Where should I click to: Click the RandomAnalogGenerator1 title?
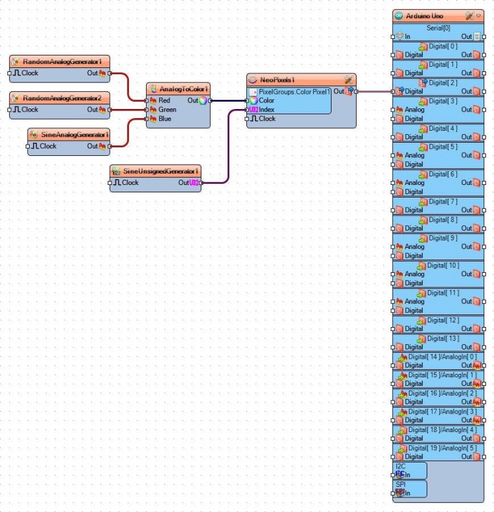click(62, 61)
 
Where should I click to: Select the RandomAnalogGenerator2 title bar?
click(62, 98)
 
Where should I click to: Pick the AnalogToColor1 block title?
click(184, 89)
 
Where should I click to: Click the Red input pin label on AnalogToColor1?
click(164, 100)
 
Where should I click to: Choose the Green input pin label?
click(167, 110)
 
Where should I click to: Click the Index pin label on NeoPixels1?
click(267, 109)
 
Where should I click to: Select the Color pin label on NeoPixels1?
click(267, 100)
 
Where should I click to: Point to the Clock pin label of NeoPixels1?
click(267, 119)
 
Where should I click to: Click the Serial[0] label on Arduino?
click(438, 28)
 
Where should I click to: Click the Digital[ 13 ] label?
click(442, 338)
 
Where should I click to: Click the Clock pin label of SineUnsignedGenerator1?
click(130, 182)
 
